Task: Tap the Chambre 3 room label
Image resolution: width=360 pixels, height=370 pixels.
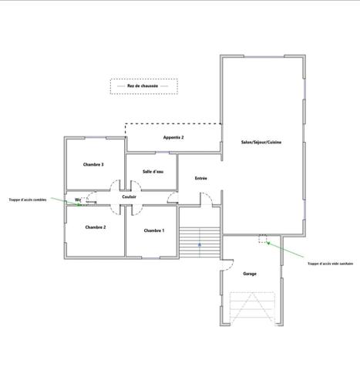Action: (93, 164)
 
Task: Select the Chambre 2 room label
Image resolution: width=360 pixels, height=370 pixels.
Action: (96, 227)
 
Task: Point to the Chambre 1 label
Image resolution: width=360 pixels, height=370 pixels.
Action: (154, 230)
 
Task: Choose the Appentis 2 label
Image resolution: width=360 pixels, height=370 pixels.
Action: (173, 137)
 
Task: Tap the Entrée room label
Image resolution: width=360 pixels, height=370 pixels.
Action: (200, 178)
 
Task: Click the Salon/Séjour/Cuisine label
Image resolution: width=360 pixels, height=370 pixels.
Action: (261, 143)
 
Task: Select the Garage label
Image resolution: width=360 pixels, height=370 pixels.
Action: (250, 274)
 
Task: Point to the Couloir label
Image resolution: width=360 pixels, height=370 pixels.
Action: (129, 197)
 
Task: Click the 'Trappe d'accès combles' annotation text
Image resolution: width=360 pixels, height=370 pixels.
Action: (28, 199)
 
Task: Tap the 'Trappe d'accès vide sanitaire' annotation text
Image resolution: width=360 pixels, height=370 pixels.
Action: (330, 264)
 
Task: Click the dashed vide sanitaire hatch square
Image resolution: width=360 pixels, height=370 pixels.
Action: (263, 239)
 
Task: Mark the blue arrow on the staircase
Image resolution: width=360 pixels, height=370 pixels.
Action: (200, 245)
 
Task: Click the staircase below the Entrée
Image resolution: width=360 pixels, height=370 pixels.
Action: (200, 243)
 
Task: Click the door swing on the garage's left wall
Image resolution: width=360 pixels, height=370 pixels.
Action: (226, 267)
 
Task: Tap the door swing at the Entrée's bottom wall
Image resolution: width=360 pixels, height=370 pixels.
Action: (207, 200)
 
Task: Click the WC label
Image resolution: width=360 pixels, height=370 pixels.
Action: (78, 200)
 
